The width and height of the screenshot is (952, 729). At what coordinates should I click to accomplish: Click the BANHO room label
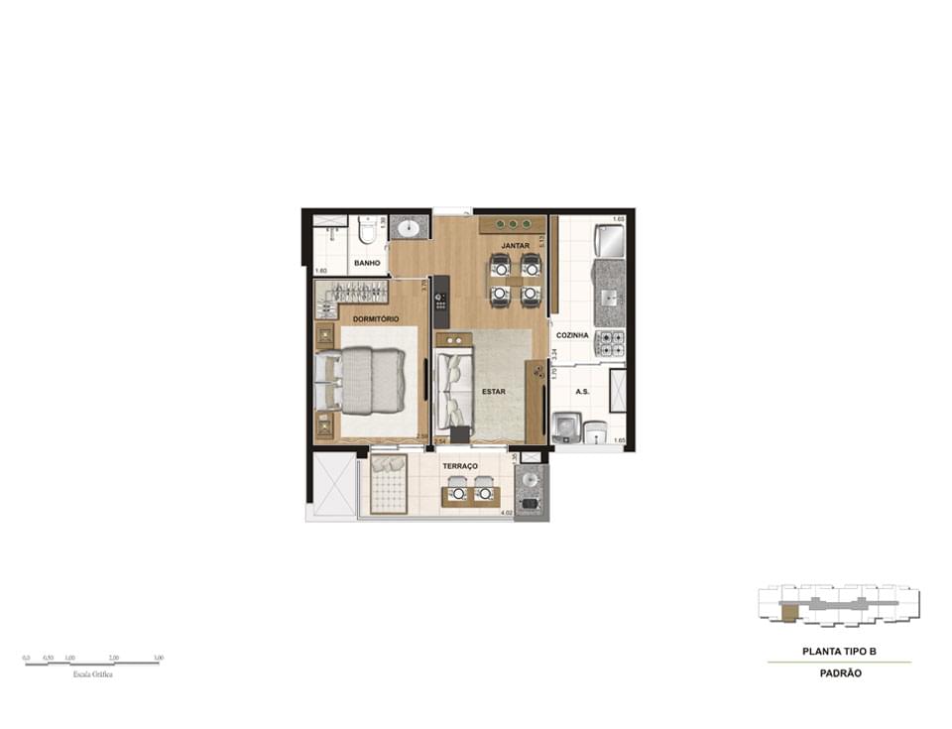[x=367, y=263]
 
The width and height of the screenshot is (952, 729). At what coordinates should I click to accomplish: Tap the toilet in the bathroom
[x=366, y=231]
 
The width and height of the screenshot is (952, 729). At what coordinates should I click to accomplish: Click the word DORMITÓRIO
[x=376, y=318]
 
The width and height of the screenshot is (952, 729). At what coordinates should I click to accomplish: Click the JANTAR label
[x=514, y=244]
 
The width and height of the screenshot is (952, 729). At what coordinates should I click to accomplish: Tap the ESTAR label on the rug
[x=493, y=392]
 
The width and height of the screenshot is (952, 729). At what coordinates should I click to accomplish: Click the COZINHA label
[x=572, y=335]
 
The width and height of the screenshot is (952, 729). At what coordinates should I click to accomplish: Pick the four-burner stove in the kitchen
[x=609, y=344]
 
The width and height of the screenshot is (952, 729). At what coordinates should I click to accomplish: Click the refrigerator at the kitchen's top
[x=608, y=240]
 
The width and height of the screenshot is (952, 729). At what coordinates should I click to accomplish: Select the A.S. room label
[x=581, y=392]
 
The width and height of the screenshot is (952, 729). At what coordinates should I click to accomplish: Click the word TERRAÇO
[x=460, y=466]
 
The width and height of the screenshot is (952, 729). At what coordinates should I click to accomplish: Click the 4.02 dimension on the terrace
[x=506, y=513]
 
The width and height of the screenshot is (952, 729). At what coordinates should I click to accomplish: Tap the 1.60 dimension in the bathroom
[x=320, y=271]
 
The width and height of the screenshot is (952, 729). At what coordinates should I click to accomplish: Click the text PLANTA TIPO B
[x=840, y=653]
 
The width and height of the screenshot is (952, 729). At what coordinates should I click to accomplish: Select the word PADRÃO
[x=840, y=672]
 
